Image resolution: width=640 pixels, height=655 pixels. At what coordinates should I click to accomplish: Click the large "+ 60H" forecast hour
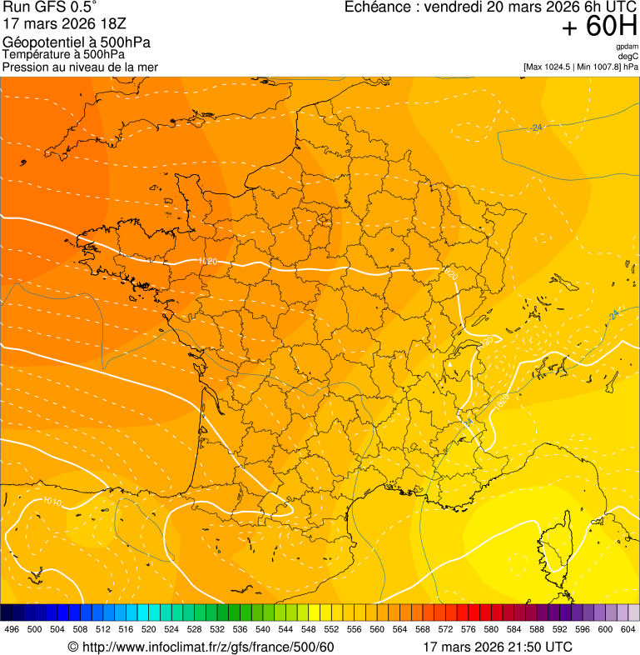(599, 27)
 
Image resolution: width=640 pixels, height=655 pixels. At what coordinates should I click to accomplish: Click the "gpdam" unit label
(627, 47)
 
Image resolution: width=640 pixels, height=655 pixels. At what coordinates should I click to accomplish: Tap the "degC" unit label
(628, 56)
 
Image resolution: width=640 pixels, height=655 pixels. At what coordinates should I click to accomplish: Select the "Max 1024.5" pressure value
(552, 67)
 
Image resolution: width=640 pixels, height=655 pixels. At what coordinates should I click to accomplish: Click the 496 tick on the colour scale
(12, 630)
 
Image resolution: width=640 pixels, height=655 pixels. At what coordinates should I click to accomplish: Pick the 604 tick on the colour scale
(628, 630)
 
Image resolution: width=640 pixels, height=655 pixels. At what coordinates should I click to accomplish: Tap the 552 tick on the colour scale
(330, 630)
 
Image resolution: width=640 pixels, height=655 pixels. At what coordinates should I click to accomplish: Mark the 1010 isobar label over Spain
(52, 502)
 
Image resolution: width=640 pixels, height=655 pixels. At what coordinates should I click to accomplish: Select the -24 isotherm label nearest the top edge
(536, 127)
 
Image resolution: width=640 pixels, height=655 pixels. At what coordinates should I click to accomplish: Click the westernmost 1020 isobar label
(208, 262)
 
